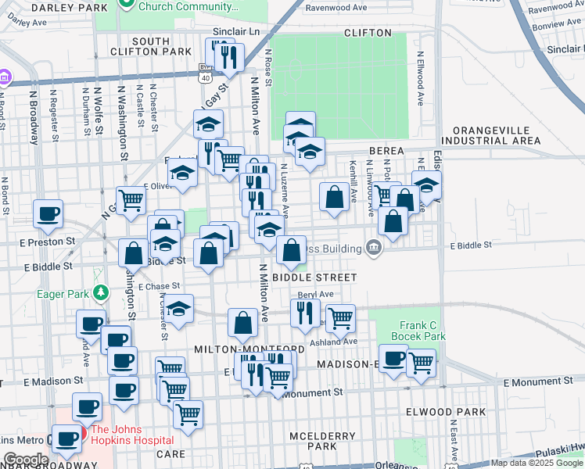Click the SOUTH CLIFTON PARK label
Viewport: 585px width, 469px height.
click(x=162, y=46)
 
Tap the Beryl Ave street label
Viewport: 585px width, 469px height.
click(x=315, y=295)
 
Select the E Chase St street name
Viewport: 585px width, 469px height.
click(x=160, y=286)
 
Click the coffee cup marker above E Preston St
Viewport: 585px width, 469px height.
click(x=48, y=213)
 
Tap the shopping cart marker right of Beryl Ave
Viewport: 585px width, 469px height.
click(x=340, y=318)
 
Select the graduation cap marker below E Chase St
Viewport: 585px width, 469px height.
click(x=179, y=310)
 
